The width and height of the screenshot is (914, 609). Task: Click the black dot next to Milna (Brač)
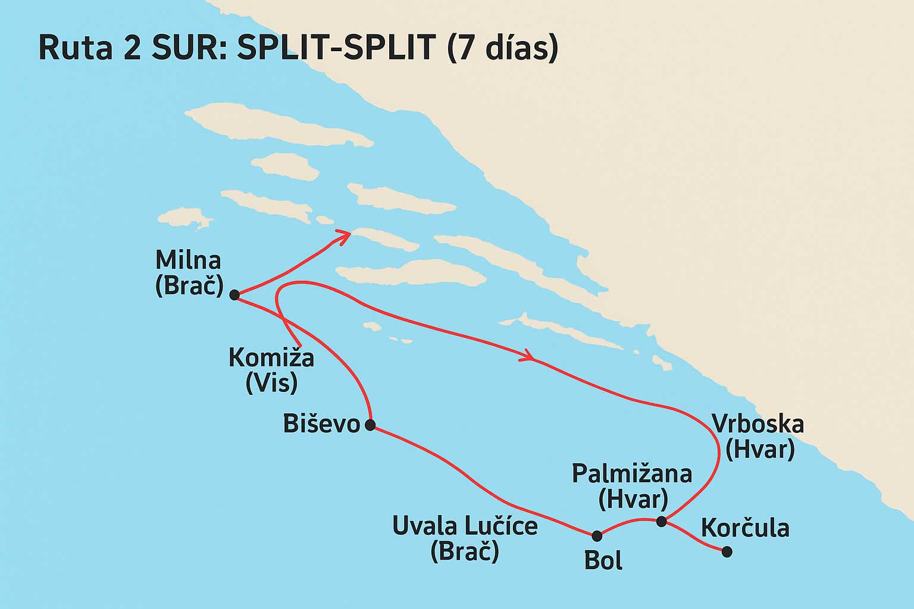pyautogui.click(x=234, y=294)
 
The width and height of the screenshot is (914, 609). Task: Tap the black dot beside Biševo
pyautogui.click(x=370, y=425)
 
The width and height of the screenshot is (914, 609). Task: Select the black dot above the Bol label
pyautogui.click(x=597, y=536)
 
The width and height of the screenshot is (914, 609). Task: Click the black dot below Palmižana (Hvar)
pyautogui.click(x=661, y=522)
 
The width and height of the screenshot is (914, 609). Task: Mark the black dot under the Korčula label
pyautogui.click(x=727, y=552)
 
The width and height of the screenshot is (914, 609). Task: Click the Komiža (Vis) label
pyautogui.click(x=271, y=371)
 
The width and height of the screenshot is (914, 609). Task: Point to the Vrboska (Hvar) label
pyautogui.click(x=758, y=437)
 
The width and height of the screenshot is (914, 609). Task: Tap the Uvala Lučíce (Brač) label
pyautogui.click(x=465, y=539)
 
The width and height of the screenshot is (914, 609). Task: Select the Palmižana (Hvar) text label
pyautogui.click(x=632, y=486)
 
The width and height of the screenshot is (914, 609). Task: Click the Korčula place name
pyautogui.click(x=745, y=528)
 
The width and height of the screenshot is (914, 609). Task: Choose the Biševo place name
pyautogui.click(x=321, y=424)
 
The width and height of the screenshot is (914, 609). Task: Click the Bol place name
pyautogui.click(x=603, y=561)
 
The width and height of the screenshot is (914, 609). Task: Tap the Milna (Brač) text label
pyautogui.click(x=188, y=273)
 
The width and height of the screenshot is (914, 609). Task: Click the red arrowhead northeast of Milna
pyautogui.click(x=343, y=236)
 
